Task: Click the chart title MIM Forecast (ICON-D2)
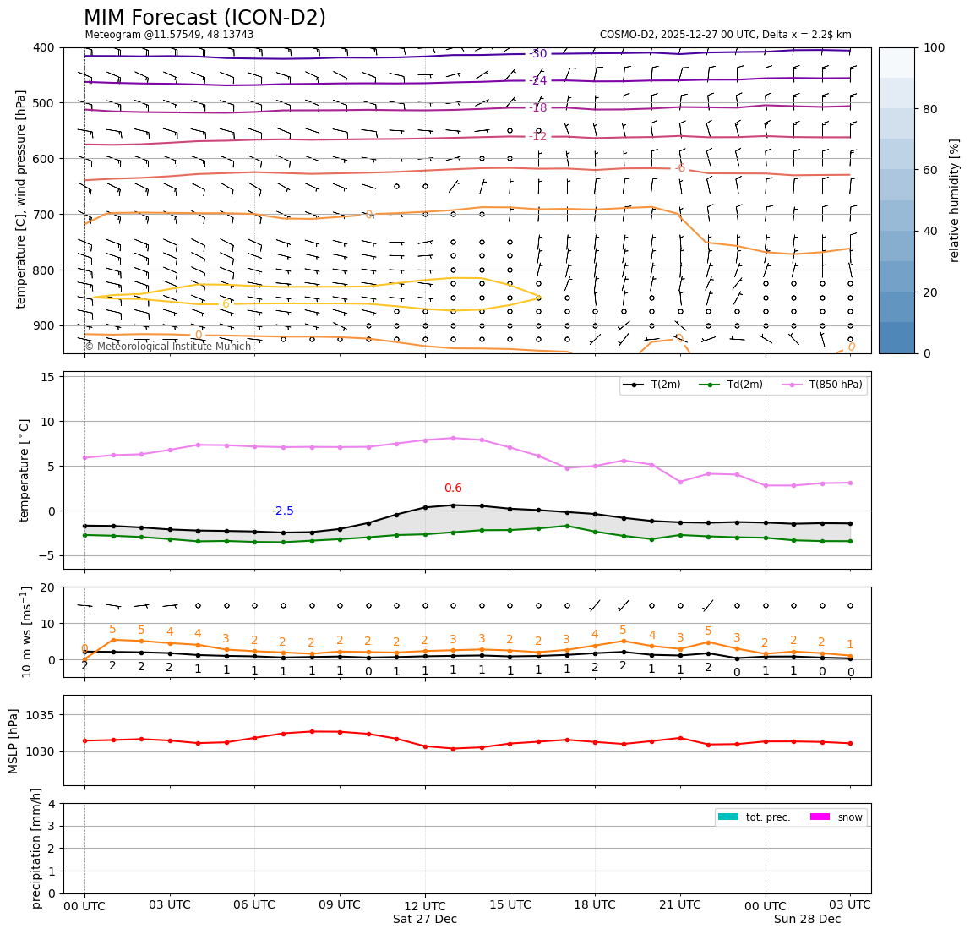(x=204, y=18)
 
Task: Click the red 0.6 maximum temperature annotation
(x=453, y=489)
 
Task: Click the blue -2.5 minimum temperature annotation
(x=283, y=511)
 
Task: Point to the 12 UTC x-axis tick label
(x=424, y=905)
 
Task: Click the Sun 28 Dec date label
(x=807, y=920)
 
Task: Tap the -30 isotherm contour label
(x=538, y=54)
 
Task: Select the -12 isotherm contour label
(x=538, y=137)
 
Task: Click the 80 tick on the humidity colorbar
(x=933, y=109)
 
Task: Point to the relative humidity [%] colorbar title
(x=956, y=200)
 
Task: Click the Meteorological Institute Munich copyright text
(x=167, y=347)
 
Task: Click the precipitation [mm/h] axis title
(x=36, y=848)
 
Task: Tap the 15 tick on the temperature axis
(x=49, y=377)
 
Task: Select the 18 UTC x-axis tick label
(x=594, y=905)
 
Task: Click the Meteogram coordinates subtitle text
(x=169, y=35)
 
